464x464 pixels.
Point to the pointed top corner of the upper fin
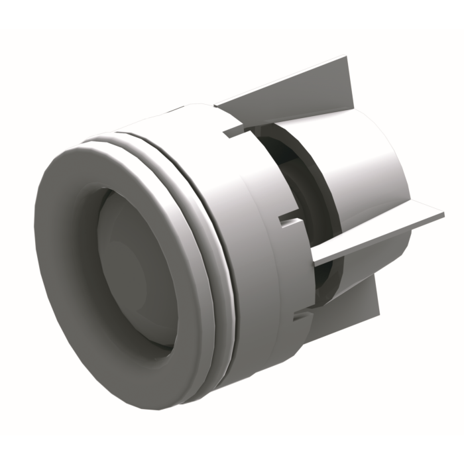(346, 60)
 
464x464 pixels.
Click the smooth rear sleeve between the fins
(371, 159)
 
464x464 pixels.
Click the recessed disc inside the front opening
(133, 265)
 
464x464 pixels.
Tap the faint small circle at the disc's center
(136, 272)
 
